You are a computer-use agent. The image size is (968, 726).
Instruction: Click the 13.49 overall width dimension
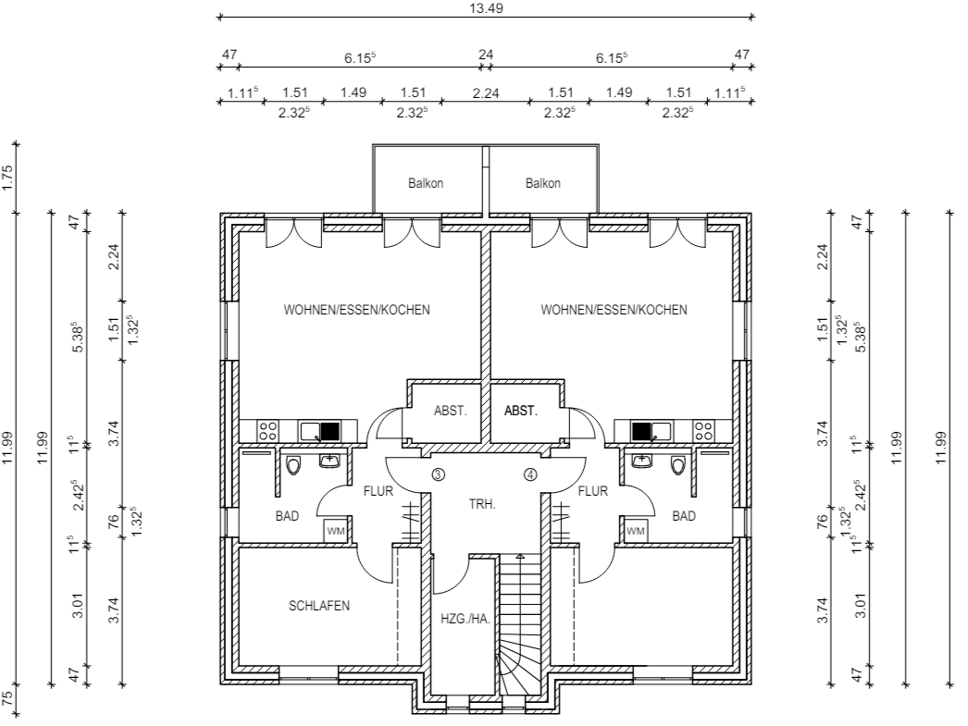tap(486, 8)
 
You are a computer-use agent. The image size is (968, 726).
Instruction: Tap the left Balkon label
tap(426, 183)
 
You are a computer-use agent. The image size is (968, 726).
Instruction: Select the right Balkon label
tap(542, 183)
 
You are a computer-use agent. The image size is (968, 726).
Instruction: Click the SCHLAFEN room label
tap(319, 606)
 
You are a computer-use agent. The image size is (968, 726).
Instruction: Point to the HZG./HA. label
tap(465, 619)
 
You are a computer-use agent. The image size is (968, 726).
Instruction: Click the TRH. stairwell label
tap(482, 504)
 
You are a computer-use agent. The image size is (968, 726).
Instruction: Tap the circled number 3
tap(438, 474)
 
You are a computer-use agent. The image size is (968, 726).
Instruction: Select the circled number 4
tap(530, 474)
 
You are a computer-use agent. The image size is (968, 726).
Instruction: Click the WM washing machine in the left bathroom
tap(335, 531)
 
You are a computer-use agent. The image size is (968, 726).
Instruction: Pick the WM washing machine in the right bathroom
tap(635, 531)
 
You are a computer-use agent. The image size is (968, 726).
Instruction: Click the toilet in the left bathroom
tap(293, 464)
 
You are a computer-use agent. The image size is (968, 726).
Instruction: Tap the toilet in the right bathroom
tap(678, 464)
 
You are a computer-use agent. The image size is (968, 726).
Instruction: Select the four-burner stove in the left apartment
tap(268, 431)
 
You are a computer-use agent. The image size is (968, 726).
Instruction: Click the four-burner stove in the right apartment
tap(702, 431)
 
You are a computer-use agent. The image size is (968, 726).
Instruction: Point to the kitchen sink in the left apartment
tap(319, 431)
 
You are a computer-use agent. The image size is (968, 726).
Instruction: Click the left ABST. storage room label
tap(450, 411)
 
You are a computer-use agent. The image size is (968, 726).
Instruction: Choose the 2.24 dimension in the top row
tap(486, 93)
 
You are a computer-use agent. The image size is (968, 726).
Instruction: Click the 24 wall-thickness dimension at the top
tap(486, 55)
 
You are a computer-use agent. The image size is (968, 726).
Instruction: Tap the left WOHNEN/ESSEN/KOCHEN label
tap(357, 310)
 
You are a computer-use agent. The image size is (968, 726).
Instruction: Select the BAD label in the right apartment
tap(684, 516)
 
